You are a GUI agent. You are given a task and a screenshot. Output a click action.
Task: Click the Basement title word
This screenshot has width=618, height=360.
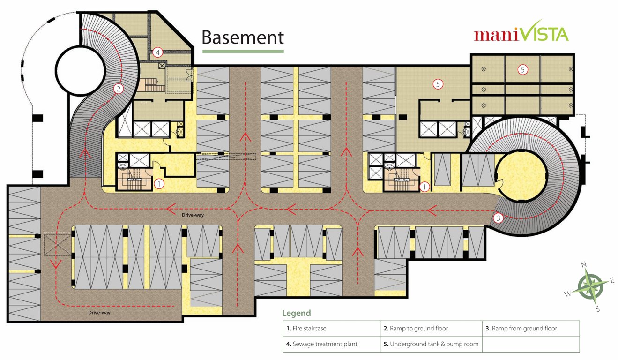(x=243, y=37)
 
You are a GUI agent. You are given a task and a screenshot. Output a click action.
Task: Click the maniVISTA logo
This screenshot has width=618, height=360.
(x=521, y=33)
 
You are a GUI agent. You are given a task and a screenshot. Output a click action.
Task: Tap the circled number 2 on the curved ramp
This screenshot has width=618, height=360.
(x=119, y=88)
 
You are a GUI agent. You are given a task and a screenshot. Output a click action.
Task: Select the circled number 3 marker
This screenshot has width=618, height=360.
(x=499, y=217)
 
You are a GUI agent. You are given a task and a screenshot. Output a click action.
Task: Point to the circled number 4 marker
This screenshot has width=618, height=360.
(x=158, y=52)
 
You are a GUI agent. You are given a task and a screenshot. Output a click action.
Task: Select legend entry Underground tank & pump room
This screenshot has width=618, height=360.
(x=431, y=344)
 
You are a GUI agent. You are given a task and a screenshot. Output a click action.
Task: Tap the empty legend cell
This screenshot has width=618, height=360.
(x=530, y=344)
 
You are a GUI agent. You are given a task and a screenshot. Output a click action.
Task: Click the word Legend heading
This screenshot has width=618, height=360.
(x=296, y=313)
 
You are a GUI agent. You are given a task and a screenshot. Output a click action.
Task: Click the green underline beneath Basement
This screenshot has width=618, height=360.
(x=243, y=51)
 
